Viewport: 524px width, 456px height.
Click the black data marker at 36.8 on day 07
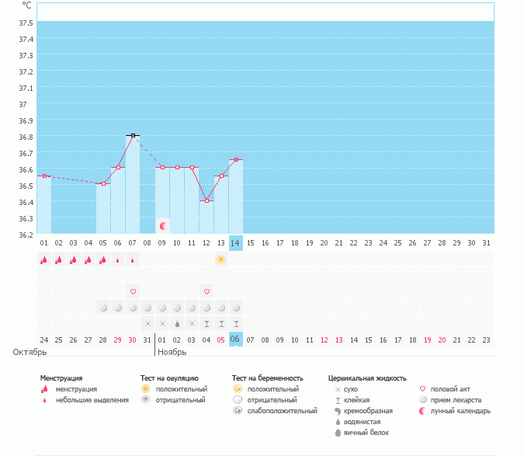pos(133,135)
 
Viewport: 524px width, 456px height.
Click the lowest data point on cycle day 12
pos(206,200)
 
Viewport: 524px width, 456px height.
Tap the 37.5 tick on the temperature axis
pos(26,23)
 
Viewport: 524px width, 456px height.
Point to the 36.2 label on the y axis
pos(26,235)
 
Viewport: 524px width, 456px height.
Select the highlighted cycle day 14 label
pos(235,243)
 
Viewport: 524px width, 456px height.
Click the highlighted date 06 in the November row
pos(235,339)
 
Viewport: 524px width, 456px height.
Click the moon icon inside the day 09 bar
pos(163,226)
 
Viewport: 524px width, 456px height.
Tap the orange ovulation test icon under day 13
pos(220,259)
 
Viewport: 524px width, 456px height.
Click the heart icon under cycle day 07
pos(133,291)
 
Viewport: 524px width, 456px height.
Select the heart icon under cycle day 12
pos(206,291)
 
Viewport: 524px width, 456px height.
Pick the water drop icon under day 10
pos(177,324)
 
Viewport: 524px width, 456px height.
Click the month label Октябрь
pos(29,352)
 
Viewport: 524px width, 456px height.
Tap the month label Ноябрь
pos(172,352)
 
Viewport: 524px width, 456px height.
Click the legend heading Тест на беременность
pos(267,378)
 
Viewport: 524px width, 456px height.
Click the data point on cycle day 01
pos(44,176)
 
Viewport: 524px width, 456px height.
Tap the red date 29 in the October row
pos(118,340)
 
